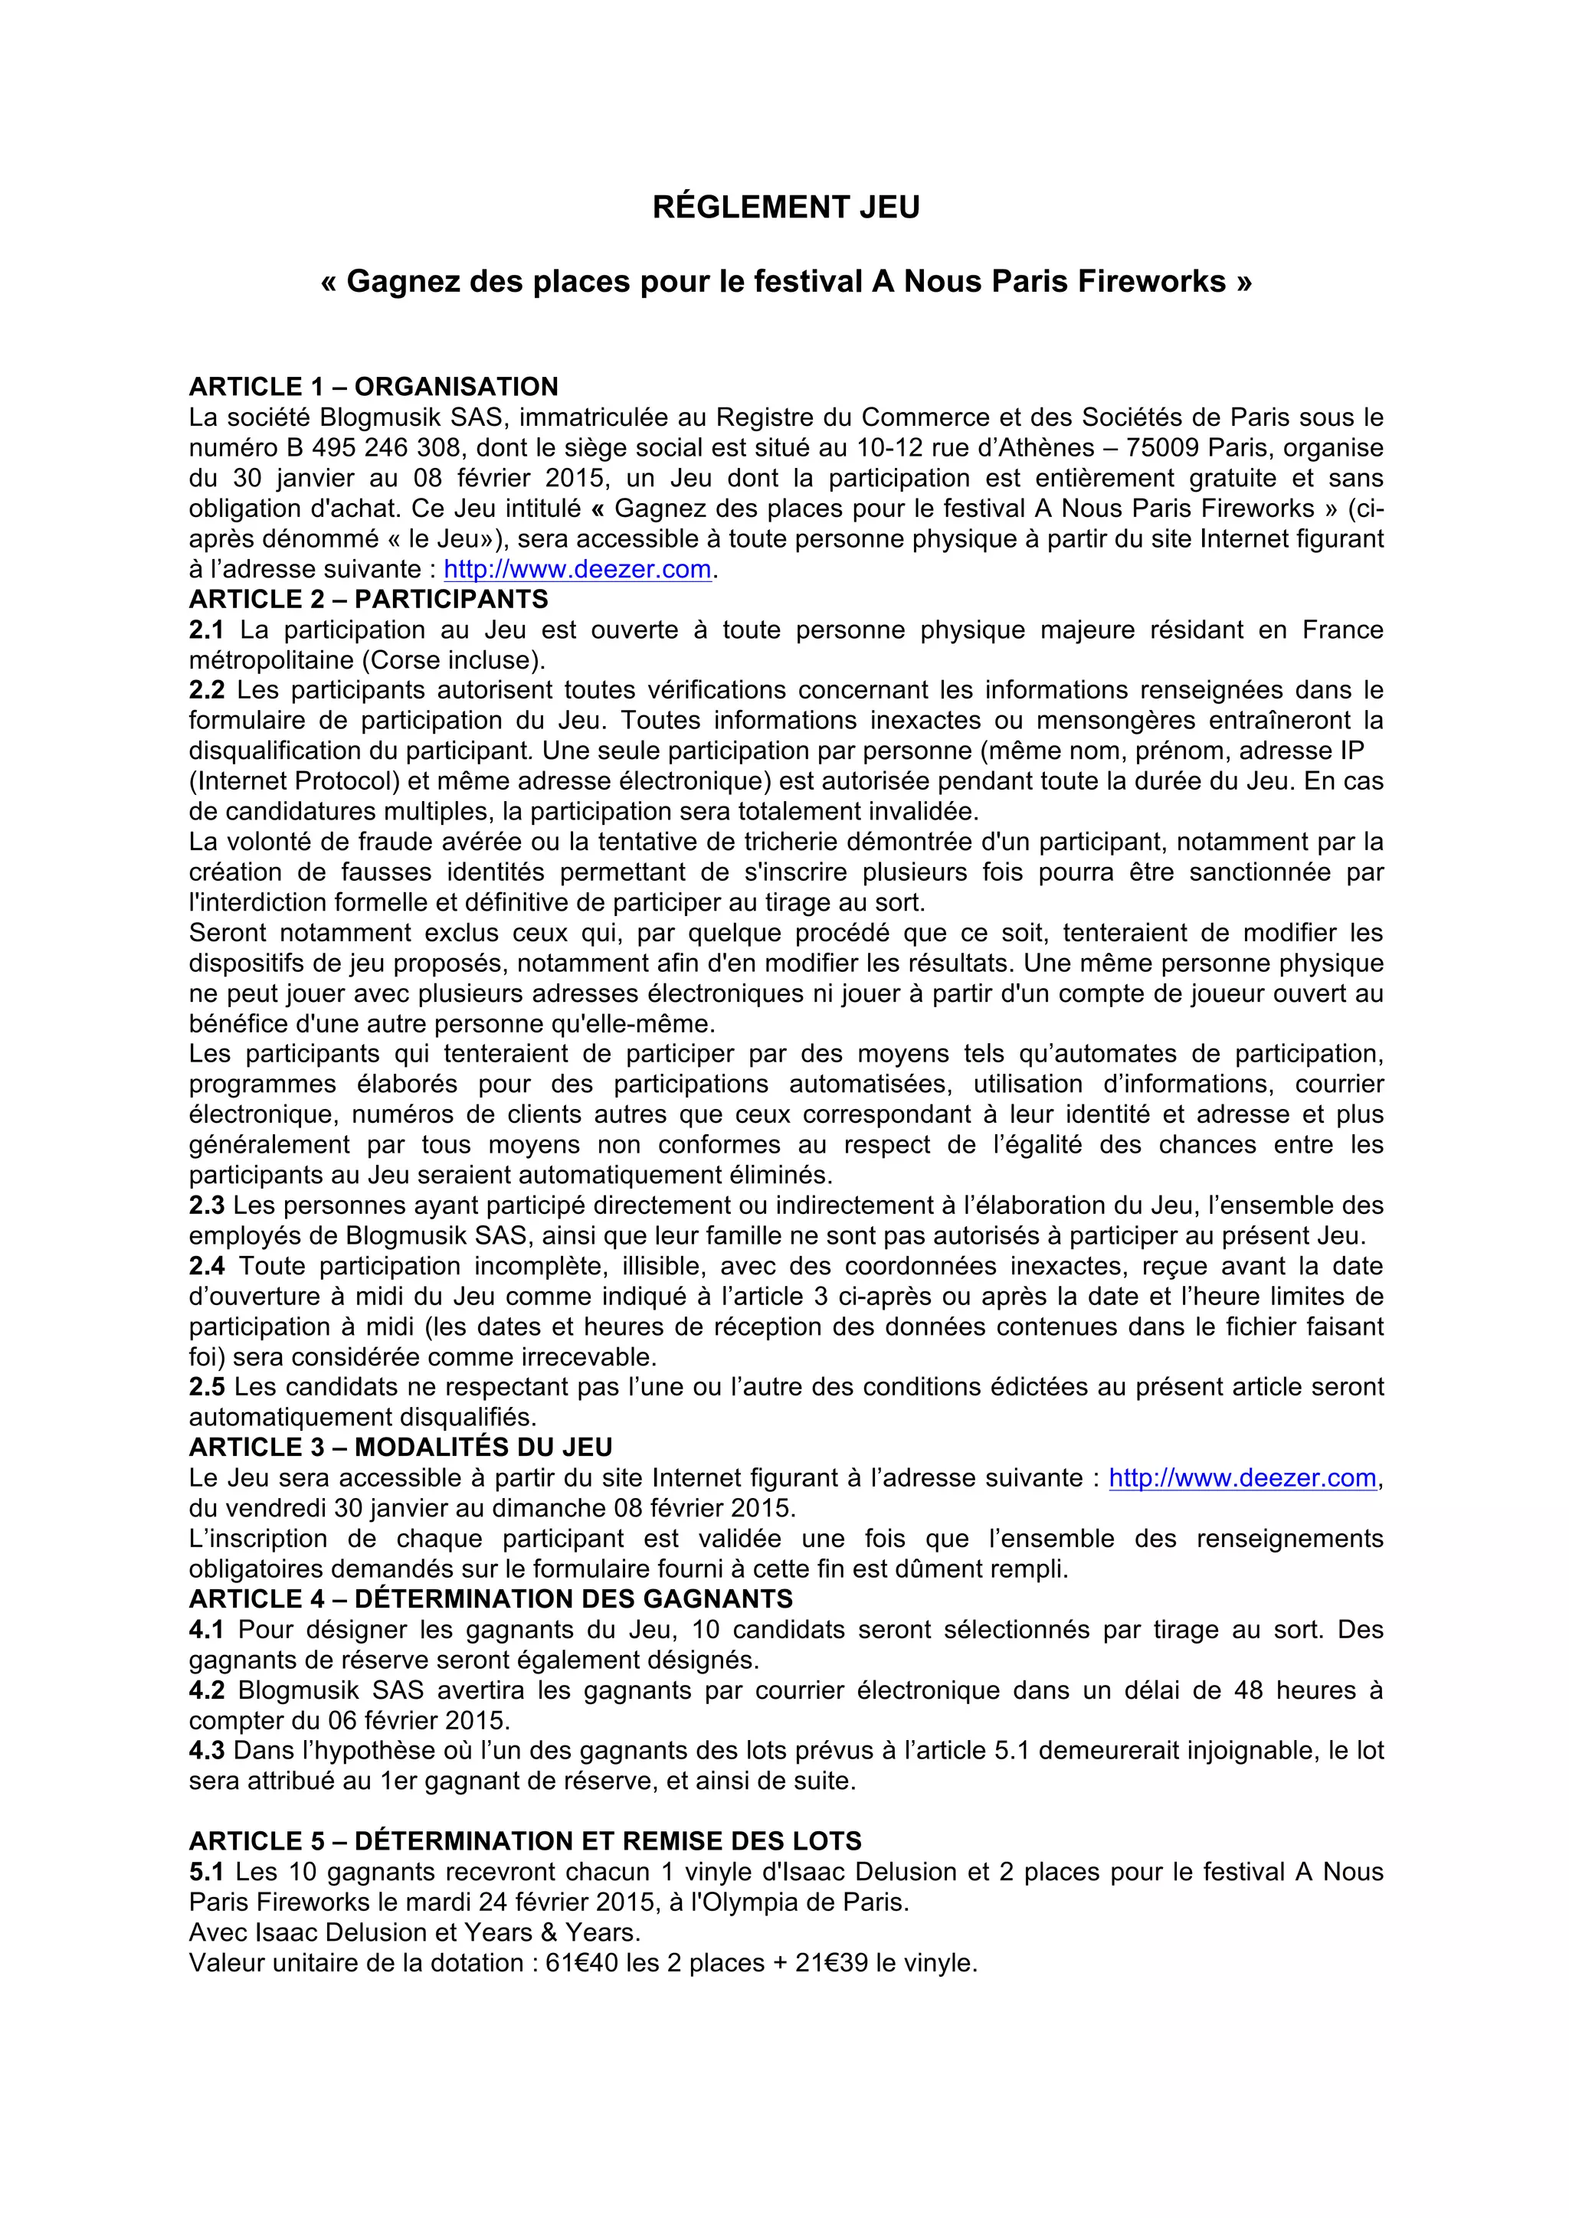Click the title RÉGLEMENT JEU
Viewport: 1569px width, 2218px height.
(x=785, y=208)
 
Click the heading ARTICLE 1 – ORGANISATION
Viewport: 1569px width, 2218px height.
(x=373, y=387)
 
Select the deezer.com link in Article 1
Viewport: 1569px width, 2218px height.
(x=578, y=569)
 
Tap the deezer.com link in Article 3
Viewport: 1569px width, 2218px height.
(x=1243, y=1478)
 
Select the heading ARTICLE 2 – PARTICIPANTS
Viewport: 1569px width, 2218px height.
(x=368, y=599)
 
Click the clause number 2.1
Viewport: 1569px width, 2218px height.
(x=206, y=630)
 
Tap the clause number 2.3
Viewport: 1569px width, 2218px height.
(x=206, y=1205)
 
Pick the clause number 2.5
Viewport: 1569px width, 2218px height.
(x=206, y=1386)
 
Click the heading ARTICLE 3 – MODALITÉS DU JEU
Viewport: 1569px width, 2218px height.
(x=400, y=1447)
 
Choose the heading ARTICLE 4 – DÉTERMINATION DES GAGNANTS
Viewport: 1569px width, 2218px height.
(x=491, y=1598)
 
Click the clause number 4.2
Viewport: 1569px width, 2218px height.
(x=206, y=1690)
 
